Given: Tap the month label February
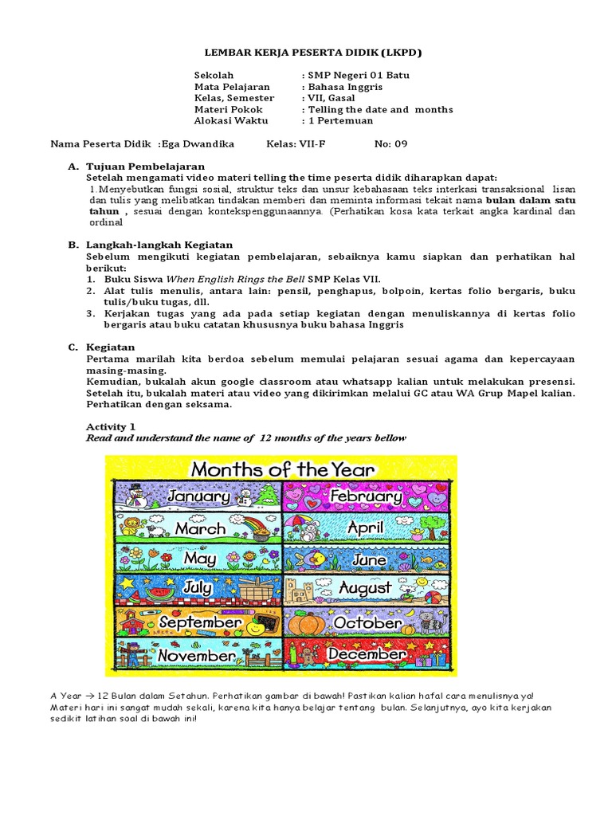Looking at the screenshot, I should [x=368, y=496].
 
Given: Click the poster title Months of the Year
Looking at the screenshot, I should [x=281, y=469].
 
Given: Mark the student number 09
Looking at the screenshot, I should [x=400, y=144].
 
